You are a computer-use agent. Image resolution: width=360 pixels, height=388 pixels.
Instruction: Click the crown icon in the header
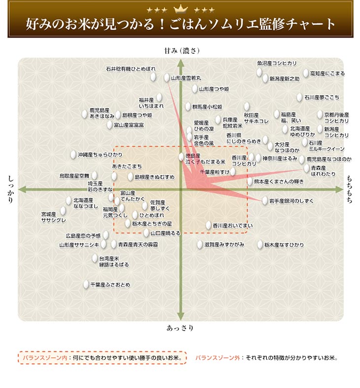180,10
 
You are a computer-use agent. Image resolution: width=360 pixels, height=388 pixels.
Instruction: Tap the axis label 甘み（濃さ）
182,51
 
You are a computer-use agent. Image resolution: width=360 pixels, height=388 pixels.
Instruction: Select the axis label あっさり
180,328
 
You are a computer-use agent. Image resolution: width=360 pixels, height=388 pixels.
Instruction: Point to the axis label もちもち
349,189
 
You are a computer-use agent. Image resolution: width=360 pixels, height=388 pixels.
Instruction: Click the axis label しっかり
11,189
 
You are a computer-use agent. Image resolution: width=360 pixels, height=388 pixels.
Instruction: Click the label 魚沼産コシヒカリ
277,63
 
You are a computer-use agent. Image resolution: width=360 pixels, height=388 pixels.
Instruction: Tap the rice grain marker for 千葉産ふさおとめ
86,284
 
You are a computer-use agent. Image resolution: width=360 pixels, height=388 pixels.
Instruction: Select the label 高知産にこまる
327,74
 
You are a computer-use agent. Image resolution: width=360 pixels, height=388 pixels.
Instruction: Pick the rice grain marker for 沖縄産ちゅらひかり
73,155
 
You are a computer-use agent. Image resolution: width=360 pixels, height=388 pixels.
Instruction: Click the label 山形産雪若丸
186,78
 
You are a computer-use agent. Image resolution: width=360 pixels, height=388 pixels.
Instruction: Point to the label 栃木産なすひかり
284,245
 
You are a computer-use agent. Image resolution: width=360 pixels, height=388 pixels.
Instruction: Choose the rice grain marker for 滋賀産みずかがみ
200,244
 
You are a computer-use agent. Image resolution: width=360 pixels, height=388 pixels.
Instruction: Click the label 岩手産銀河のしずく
291,201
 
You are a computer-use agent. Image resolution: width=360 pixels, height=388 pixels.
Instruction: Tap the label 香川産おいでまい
233,226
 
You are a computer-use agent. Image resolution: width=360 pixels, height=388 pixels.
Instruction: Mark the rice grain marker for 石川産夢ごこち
299,97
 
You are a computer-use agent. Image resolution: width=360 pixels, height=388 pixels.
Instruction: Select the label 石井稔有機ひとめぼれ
131,69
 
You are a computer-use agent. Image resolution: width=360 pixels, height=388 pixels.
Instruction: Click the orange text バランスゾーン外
217,358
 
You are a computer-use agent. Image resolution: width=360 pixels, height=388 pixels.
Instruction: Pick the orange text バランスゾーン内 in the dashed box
45,358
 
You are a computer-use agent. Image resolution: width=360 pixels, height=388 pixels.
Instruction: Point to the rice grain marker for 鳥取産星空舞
94,175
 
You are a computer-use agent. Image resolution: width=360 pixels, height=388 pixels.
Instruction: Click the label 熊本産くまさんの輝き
279,182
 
